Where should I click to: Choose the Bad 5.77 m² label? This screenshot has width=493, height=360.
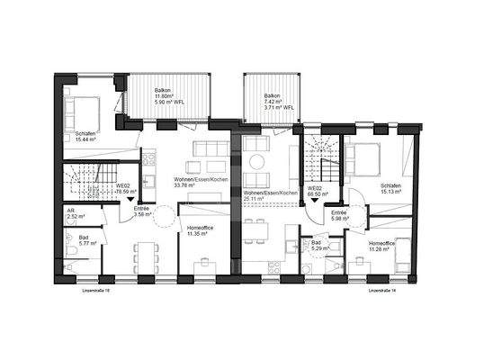click(x=77, y=240)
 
